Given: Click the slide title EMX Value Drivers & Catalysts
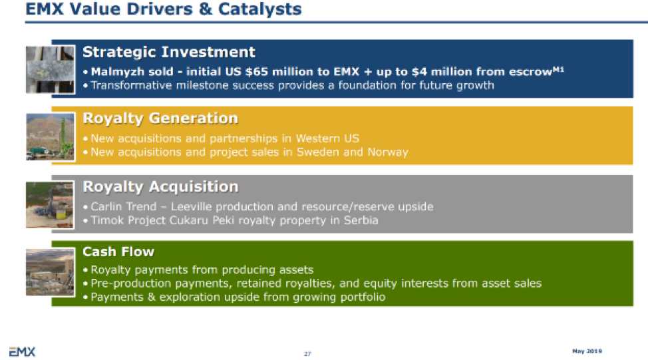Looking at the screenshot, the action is pos(164,9).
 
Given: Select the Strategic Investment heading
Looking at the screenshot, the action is pos(168,52).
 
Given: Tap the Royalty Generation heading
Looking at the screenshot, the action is pos(160,118).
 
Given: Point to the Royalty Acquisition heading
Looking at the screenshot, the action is pos(161,187).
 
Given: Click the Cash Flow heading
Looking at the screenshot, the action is pos(118,252).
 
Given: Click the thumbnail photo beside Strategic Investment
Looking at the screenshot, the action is pos(51,69).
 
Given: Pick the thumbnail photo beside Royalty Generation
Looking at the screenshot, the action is pos(51,137).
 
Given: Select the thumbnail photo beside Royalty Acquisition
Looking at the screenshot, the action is pos(51,204).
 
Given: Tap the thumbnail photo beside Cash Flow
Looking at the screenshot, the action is pos(51,272).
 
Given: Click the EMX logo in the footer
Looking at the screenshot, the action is pos(23,352).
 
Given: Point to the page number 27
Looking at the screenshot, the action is pos(307,354).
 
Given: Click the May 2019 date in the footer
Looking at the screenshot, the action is pos(587,351).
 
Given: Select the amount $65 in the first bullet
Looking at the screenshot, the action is pos(256,72).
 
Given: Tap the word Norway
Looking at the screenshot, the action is pos(388,152).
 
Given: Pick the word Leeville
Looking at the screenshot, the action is pos(192,207).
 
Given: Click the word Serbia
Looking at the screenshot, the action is pos(361,220).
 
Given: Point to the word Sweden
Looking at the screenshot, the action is pos(318,152).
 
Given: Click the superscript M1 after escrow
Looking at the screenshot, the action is pos(558,69).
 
